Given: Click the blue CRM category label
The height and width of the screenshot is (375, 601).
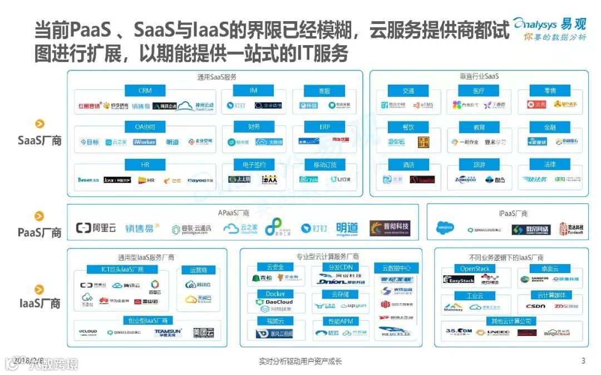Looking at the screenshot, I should [145, 90].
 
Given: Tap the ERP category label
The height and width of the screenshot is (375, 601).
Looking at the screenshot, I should [325, 127].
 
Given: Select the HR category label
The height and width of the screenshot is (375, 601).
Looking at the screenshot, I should [145, 164].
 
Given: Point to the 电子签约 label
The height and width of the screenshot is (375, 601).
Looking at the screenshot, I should [254, 164].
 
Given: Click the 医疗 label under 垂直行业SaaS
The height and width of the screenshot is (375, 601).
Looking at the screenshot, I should [479, 90].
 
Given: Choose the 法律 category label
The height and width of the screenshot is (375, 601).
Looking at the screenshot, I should [550, 164].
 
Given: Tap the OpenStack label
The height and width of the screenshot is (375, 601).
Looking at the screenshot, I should [475, 269].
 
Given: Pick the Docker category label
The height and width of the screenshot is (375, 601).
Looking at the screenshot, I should [275, 294].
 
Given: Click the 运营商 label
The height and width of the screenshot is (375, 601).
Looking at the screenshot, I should [199, 270].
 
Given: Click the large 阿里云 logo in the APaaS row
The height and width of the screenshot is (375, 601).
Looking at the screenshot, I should [96, 228].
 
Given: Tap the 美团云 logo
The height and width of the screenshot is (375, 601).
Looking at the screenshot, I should [203, 333].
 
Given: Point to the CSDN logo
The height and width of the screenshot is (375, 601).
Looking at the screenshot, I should [535, 306].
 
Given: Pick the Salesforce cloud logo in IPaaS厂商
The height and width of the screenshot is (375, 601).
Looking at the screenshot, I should [446, 228].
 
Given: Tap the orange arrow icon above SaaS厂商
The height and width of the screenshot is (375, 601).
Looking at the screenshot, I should [40, 124].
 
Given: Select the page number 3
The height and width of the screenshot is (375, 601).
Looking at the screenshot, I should [583, 361].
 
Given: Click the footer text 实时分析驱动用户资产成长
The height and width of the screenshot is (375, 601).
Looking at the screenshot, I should [300, 362].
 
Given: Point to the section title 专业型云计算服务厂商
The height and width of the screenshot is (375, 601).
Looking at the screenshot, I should [327, 257].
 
